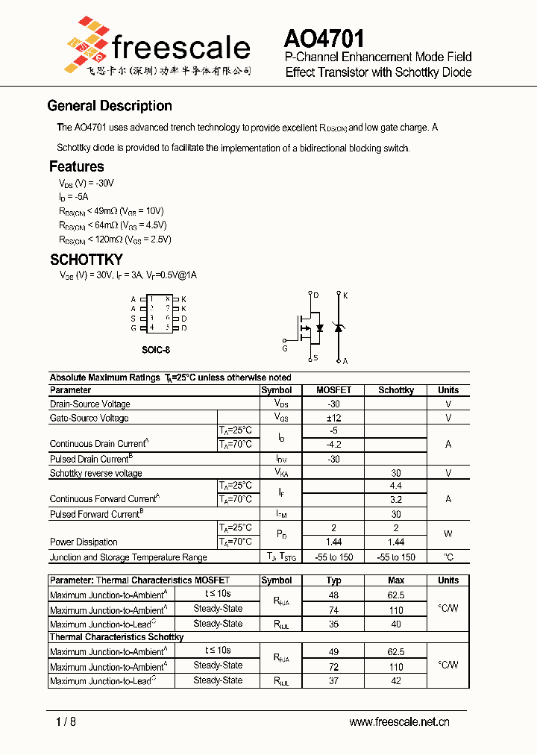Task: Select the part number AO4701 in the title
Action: (324, 39)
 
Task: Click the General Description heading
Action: (110, 106)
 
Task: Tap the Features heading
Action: (77, 166)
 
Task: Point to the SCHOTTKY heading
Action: (87, 260)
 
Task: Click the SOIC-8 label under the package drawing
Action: (156, 349)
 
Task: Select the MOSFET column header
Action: (333, 390)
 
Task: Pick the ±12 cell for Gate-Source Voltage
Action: (333, 418)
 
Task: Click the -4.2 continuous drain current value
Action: (333, 445)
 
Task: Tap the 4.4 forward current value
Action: (396, 486)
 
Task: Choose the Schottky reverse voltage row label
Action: (95, 473)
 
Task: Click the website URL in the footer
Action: (399, 721)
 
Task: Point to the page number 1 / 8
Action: (66, 721)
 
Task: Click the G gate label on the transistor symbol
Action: (284, 348)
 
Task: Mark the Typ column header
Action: (333, 580)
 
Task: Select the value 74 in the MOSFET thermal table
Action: (333, 609)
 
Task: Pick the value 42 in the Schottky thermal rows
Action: (396, 680)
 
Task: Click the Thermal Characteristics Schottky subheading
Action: (116, 637)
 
